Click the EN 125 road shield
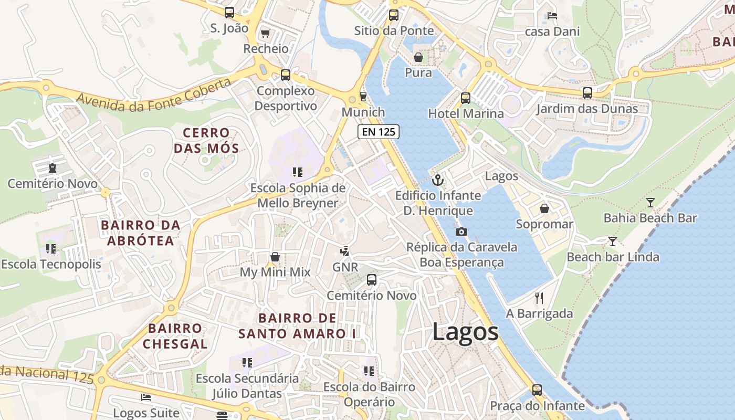(x=379, y=132)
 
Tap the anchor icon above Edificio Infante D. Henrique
(x=437, y=180)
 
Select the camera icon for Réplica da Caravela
(x=461, y=232)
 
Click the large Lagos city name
(x=465, y=332)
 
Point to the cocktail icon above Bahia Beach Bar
(x=650, y=202)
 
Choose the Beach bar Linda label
(x=613, y=257)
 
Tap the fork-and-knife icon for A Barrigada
(x=539, y=298)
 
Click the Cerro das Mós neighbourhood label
(x=206, y=140)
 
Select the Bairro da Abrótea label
(x=140, y=233)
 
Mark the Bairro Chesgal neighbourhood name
(x=175, y=336)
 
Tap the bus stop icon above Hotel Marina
(x=466, y=98)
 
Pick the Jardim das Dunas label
(x=586, y=109)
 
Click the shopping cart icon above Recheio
(x=265, y=34)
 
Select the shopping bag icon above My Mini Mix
(x=275, y=257)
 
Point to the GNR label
(x=345, y=267)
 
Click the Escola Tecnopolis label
(x=51, y=264)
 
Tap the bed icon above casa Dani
(x=552, y=16)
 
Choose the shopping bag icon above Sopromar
(x=544, y=209)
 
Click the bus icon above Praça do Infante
(x=537, y=390)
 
